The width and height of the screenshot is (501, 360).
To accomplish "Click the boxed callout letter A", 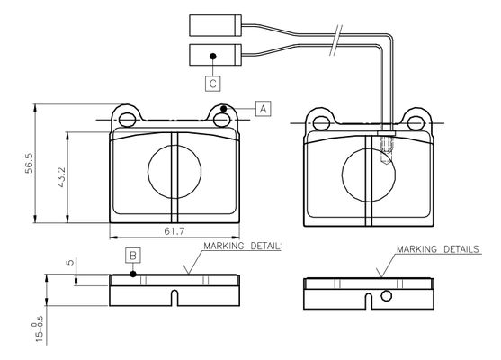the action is pyautogui.click(x=263, y=109).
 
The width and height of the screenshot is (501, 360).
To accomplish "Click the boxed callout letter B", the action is pyautogui.click(x=133, y=256).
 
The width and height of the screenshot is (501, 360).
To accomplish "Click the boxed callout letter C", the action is pyautogui.click(x=213, y=84).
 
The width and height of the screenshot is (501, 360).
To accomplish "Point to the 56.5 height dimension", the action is pyautogui.click(x=30, y=164).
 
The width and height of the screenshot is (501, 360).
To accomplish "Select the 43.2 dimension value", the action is pyautogui.click(x=61, y=177).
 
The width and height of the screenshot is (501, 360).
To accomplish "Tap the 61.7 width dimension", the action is pyautogui.click(x=174, y=231).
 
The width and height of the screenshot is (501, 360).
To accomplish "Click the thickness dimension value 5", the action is pyautogui.click(x=70, y=263).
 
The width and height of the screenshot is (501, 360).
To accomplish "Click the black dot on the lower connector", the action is pyautogui.click(x=213, y=57).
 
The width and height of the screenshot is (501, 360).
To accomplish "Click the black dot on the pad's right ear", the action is pyautogui.click(x=224, y=109).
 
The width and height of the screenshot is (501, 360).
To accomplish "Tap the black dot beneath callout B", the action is pyautogui.click(x=133, y=274).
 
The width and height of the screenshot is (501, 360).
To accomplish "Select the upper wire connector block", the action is pyautogui.click(x=215, y=25).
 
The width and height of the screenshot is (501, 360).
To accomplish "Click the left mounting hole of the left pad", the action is pyautogui.click(x=127, y=121).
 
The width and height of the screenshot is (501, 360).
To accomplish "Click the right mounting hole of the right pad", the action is pyautogui.click(x=416, y=123).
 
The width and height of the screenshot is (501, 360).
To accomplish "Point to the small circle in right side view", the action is pyautogui.click(x=386, y=296).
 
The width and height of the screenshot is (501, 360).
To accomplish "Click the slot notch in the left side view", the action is pyautogui.click(x=174, y=298).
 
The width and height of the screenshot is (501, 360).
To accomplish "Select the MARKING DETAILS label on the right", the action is pyautogui.click(x=438, y=249).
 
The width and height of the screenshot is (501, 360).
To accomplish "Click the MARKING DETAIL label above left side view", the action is pyautogui.click(x=242, y=247).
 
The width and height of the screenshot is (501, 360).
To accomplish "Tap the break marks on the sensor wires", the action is pyautogui.click(x=336, y=40).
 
